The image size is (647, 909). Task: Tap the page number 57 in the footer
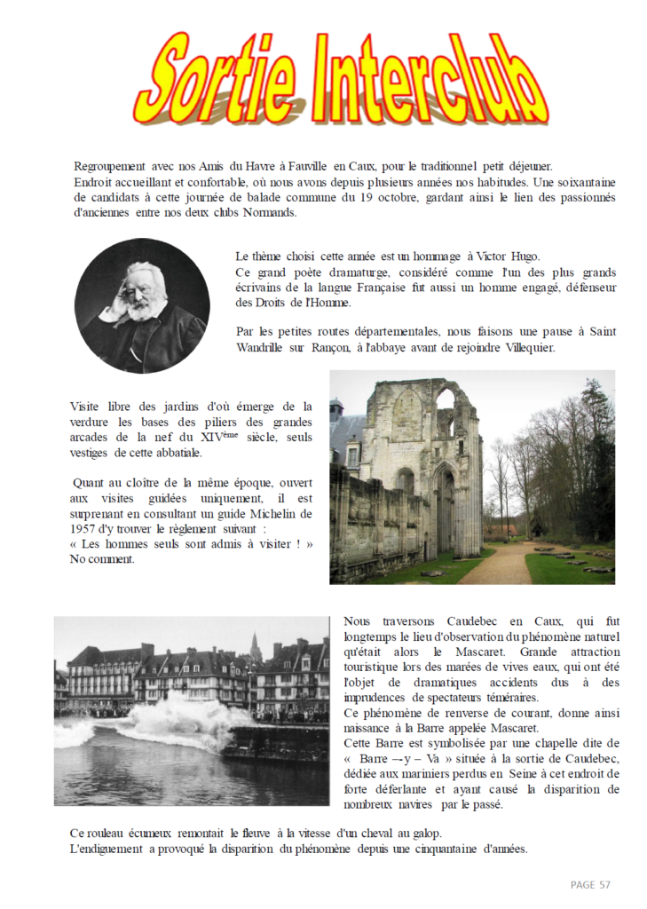click(604, 884)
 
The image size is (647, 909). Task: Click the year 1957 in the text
click(84, 529)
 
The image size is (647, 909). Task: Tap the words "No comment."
click(102, 559)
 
